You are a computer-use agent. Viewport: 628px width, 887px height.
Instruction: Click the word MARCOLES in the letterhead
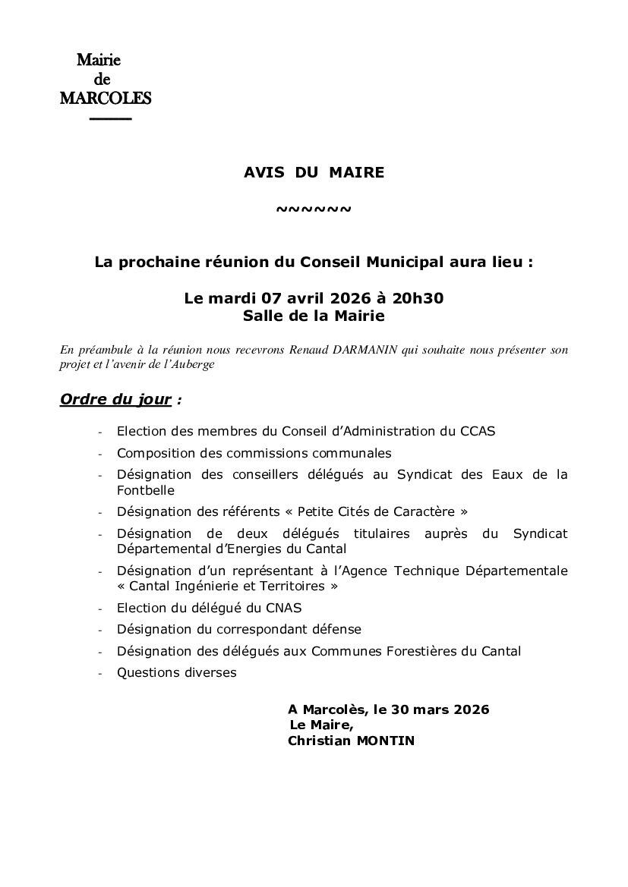point(106,99)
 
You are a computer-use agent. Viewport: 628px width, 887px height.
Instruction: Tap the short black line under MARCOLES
point(110,119)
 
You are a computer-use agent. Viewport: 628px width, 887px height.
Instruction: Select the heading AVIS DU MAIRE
point(314,172)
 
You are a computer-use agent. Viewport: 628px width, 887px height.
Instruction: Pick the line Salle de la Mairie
point(314,316)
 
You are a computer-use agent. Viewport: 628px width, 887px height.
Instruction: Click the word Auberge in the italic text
point(196,364)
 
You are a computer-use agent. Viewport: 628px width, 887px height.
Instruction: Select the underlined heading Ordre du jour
point(115,399)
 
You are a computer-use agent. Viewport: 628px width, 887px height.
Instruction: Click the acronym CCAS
point(478,431)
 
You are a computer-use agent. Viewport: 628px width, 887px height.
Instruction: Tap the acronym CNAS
point(284,608)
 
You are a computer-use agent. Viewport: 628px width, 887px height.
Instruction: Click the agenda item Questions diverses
point(176,672)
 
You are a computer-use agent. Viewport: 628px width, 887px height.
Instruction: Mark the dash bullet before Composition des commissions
point(100,454)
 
